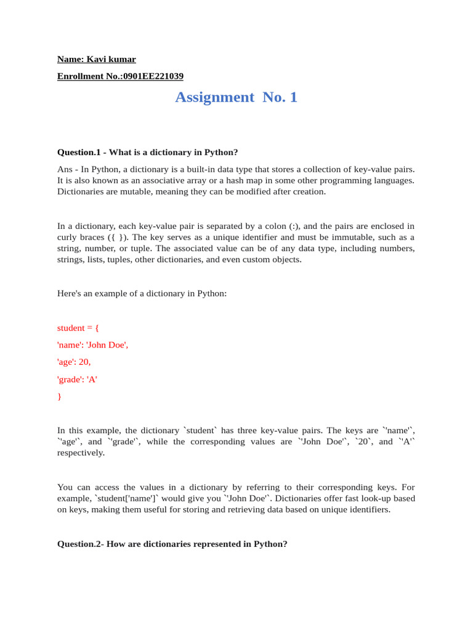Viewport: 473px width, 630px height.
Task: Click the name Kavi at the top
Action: pyautogui.click(x=95, y=60)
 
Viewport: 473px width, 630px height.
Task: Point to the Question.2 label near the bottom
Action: pyautogui.click(x=79, y=544)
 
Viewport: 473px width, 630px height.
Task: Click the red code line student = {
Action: pyautogui.click(x=78, y=328)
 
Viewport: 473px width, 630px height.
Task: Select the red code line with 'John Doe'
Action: pyautogui.click(x=92, y=345)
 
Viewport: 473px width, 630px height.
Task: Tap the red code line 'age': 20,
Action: pyautogui.click(x=74, y=362)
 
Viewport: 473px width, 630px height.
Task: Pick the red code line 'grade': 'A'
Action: pyautogui.click(x=77, y=380)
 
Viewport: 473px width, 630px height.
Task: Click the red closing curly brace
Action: pyautogui.click(x=59, y=397)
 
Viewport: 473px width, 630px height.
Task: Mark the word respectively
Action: pyautogui.click(x=81, y=453)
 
